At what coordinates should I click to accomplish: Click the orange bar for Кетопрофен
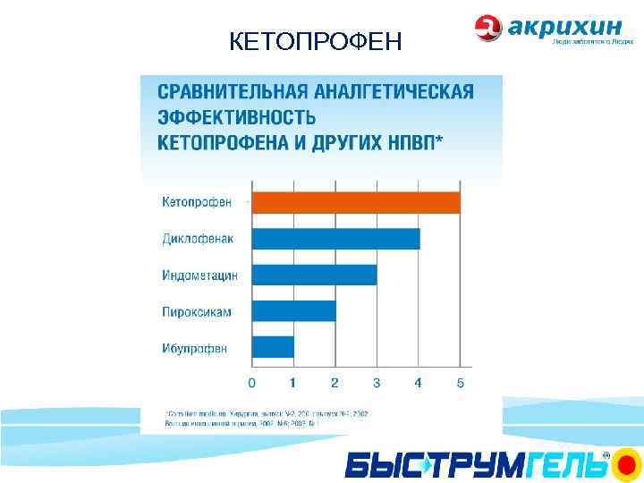pos(356,202)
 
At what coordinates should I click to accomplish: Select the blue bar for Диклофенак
pos(335,239)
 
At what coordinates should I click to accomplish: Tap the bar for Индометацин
pos(314,275)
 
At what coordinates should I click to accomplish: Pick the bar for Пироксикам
pos(293,310)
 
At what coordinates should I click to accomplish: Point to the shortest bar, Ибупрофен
pos(273,347)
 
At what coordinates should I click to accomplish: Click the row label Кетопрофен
pos(197,202)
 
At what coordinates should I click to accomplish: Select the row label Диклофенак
pos(199,239)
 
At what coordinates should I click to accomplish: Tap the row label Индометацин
pos(200,275)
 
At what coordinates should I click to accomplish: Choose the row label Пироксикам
pos(197,312)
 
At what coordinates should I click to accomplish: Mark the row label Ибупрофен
pos(194,348)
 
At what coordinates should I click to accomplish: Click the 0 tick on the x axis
pos(251,383)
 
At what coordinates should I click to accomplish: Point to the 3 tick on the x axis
pos(377,383)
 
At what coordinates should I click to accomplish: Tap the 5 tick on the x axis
pos(461,383)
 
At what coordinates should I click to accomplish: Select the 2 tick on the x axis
pos(335,383)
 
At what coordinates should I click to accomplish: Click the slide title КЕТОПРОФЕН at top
pos(316,41)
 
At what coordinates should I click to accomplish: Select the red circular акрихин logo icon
pos(488,28)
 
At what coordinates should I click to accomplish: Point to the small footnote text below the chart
pos(268,419)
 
